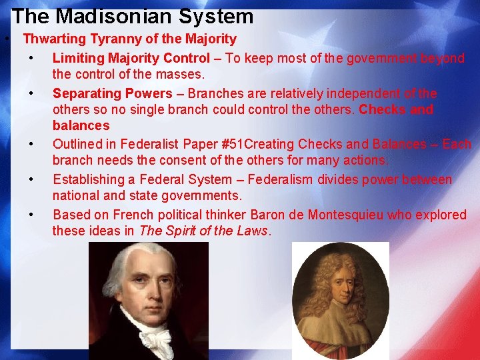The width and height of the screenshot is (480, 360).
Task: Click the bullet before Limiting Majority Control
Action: click(x=31, y=58)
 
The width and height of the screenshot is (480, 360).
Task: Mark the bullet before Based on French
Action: click(x=31, y=215)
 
